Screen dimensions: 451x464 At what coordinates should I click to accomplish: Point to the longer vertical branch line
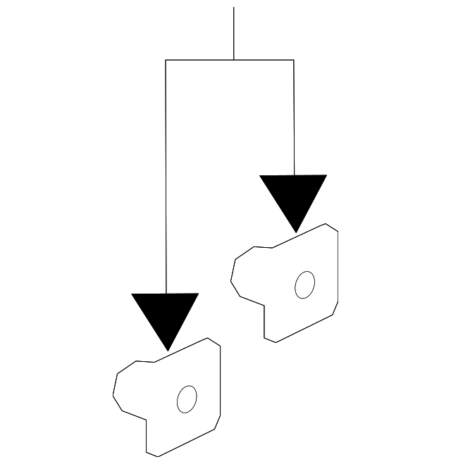pos(166,176)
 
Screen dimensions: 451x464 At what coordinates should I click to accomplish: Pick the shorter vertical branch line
pos(293,117)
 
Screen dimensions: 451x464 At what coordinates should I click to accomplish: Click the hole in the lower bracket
pos(187,399)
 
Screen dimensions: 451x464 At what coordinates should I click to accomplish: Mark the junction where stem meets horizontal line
pos(234,60)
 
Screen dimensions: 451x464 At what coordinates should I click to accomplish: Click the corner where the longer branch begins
pos(166,60)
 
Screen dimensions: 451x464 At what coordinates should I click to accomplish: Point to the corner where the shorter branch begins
pos(293,60)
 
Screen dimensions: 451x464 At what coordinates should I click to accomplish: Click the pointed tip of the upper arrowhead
pos(295,232)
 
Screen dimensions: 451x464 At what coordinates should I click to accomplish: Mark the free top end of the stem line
pos(234,8)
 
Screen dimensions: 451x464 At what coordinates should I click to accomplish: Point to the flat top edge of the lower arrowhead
pos(166,294)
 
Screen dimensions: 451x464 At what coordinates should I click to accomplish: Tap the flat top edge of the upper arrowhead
pos(293,175)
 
